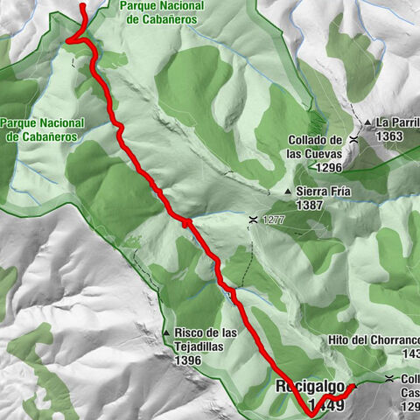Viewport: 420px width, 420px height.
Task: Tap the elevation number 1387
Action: pos(310,206)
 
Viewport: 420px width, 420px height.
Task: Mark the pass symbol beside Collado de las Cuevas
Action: pos(353,139)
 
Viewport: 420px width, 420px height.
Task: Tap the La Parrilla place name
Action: pos(398,122)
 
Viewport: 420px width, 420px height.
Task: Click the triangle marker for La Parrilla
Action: pos(369,122)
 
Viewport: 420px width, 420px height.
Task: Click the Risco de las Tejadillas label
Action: pos(206,339)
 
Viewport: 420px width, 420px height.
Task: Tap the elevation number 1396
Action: pos(189,360)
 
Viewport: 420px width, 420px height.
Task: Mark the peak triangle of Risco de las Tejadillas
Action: pos(166,332)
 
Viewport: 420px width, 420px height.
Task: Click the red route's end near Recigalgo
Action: pos(353,386)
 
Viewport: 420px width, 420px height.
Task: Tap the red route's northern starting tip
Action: pos(82,5)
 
